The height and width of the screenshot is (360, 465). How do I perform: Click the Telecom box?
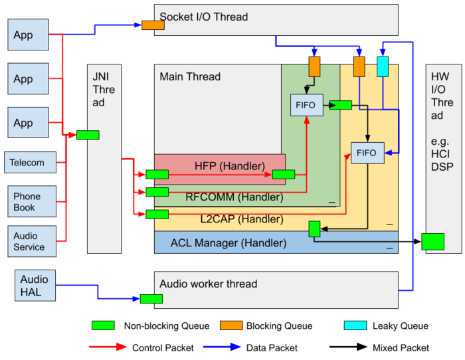pos(31,162)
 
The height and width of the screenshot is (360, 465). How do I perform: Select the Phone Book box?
pos(32,201)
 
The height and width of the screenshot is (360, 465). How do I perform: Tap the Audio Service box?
pos(32,241)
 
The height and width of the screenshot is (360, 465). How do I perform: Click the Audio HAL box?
pos(35,285)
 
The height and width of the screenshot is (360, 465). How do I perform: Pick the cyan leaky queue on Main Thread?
pos(383,66)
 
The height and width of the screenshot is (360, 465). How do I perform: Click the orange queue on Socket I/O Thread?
pos(153,25)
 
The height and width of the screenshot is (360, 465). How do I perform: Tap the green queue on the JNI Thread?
pos(88,135)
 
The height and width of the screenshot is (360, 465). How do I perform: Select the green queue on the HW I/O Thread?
pos(432,242)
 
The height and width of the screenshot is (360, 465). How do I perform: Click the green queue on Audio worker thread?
pos(151,299)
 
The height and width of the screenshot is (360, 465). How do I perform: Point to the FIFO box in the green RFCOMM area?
pos(307,105)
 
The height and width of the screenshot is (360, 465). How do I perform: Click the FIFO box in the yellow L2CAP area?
pos(367,153)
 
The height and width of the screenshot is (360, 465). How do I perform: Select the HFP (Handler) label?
pos(230,166)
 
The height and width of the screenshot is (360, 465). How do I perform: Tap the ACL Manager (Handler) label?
pos(229,243)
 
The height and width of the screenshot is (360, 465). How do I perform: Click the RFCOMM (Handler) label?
pos(234,197)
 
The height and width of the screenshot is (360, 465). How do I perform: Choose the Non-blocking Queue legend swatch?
pos(103,325)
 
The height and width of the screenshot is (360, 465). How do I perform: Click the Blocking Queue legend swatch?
pos(231,325)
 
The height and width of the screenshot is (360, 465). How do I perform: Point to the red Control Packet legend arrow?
pos(108,347)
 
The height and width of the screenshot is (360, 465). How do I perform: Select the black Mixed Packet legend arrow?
pos(349,347)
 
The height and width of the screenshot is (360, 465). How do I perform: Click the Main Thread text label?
pos(190,76)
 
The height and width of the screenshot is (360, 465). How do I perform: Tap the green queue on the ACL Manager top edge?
pos(314,229)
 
